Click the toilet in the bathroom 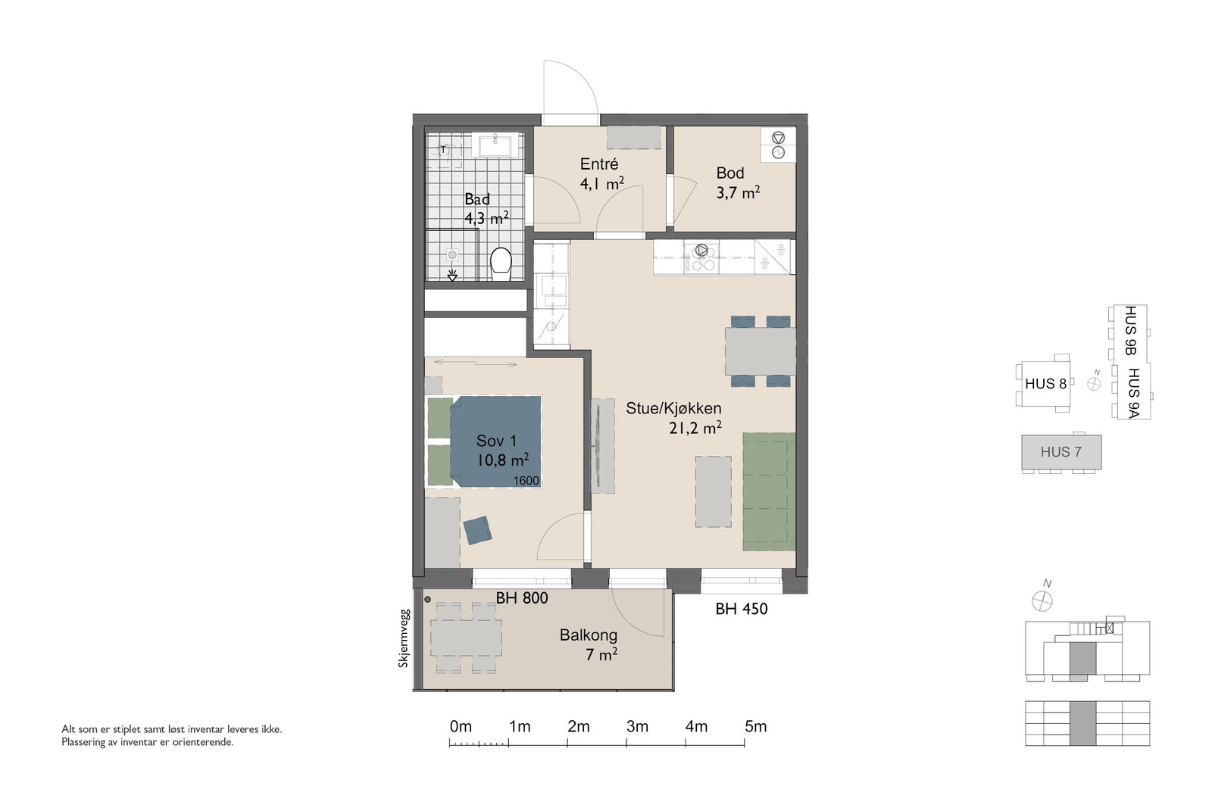[501, 264]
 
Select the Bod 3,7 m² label [738, 183]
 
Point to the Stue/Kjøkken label [673, 408]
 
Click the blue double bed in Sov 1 [495, 441]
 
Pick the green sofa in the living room [769, 491]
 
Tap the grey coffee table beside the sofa [713, 491]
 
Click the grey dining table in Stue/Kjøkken [761, 351]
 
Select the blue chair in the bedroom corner [477, 530]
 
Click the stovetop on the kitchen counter [701, 257]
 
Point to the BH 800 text [522, 597]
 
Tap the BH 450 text [742, 609]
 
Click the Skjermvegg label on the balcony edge [404, 638]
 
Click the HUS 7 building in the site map [1061, 452]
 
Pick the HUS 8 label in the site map [1045, 383]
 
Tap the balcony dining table [466, 638]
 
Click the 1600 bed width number [526, 481]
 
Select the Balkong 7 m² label [588, 644]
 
